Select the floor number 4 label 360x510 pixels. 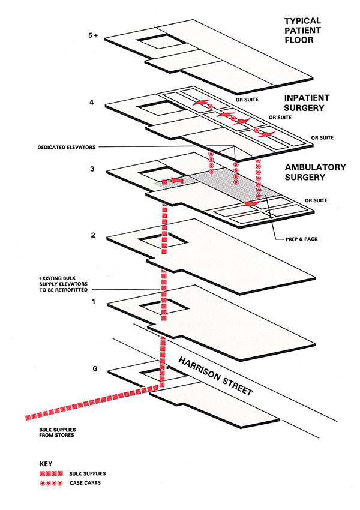click(91, 103)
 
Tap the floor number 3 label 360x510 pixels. click(92, 170)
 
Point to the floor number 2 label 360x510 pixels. click(93, 235)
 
